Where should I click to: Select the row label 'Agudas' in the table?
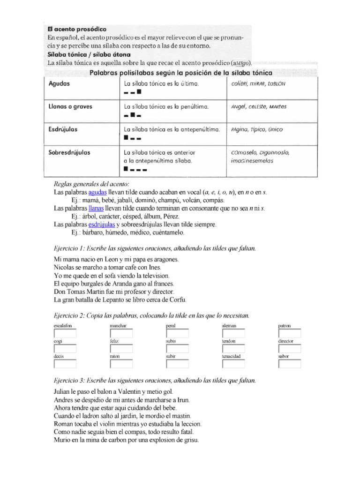59,83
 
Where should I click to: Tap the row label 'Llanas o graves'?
70,106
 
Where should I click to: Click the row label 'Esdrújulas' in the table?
63,129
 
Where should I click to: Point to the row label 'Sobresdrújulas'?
70,152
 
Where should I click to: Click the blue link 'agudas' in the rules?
97,193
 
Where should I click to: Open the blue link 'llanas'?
96,208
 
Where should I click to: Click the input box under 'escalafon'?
65,333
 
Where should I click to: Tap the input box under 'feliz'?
121,349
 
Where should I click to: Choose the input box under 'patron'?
289,333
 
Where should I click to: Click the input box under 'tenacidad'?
233,364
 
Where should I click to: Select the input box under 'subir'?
177,364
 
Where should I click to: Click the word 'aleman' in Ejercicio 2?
229,325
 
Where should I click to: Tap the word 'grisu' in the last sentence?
191,440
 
